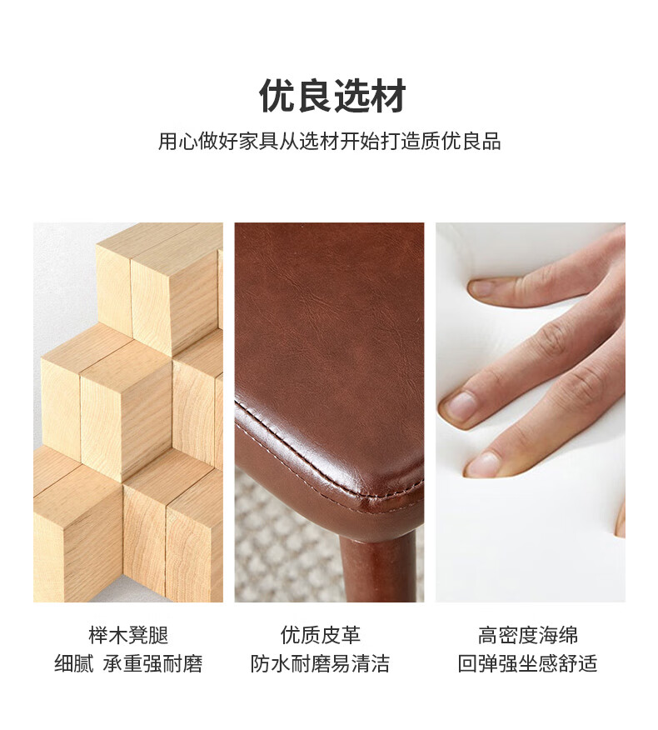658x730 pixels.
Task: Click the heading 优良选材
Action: [332, 96]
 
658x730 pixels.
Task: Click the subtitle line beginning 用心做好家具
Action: [330, 141]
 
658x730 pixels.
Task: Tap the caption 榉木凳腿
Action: [128, 636]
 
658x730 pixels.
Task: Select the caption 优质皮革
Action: [320, 636]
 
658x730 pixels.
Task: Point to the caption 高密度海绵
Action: [528, 636]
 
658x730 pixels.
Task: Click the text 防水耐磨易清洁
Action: [320, 664]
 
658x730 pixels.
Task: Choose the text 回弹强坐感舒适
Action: [528, 664]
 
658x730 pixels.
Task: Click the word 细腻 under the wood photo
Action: [74, 664]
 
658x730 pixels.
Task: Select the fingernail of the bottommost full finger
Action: [482, 464]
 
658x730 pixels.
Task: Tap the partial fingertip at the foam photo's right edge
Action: [621, 522]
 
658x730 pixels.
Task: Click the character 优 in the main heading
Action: [277, 96]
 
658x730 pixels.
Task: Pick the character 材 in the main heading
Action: [388, 96]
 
